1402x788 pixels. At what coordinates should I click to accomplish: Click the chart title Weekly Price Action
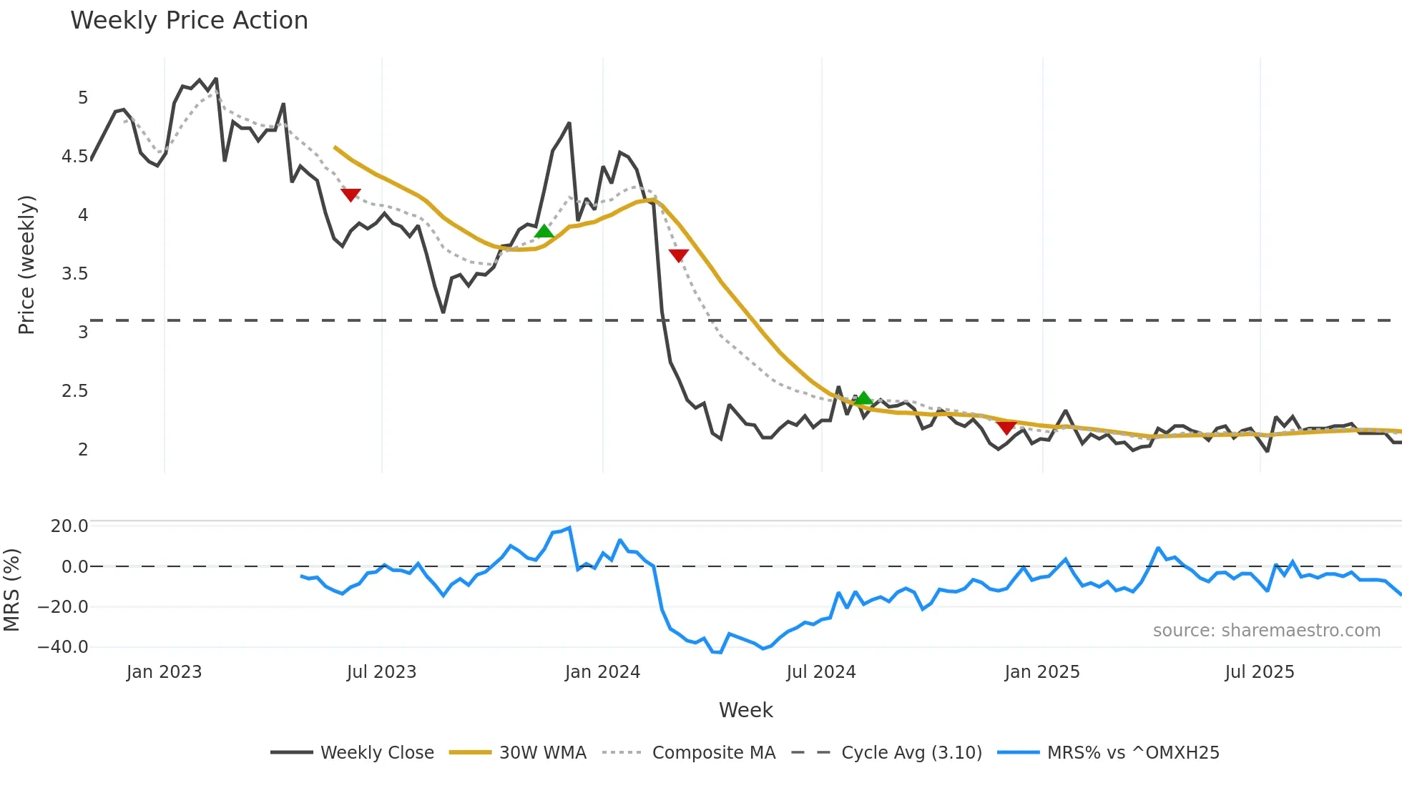189,21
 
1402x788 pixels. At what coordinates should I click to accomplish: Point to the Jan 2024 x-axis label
602,672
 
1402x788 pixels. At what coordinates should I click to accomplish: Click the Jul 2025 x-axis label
1260,672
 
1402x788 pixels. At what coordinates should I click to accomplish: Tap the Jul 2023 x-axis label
381,672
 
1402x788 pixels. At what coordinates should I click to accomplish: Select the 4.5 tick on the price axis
75,157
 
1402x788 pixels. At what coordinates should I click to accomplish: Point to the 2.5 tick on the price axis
75,391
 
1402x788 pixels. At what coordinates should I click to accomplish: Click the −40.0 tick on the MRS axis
63,647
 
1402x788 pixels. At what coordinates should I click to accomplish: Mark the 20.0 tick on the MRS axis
69,526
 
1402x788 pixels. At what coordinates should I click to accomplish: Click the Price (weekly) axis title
26,265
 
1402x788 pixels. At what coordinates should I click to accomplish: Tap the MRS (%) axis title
11,590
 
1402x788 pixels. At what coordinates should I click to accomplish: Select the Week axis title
745,710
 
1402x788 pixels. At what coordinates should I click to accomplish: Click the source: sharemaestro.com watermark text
1266,631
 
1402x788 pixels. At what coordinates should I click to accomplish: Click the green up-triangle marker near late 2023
544,231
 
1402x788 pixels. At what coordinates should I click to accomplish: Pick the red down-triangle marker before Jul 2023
350,194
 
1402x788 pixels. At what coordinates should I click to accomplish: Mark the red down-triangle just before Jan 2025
1006,428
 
